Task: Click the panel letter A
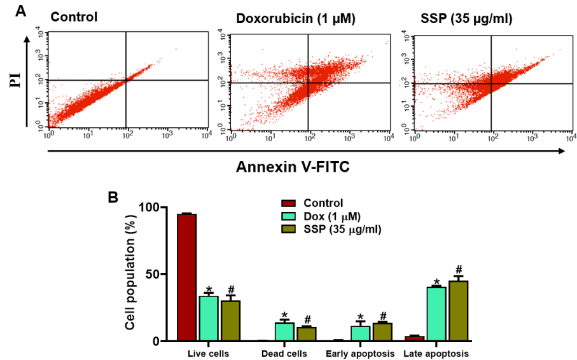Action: coord(20,11)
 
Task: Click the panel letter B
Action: coord(113,198)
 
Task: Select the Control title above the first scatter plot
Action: coord(74,17)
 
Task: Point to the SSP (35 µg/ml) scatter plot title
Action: coord(466,18)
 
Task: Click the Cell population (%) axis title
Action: coord(130,273)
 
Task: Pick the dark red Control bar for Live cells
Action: coord(186,278)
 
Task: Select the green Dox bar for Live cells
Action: coord(209,319)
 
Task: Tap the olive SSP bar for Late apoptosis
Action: coord(458,311)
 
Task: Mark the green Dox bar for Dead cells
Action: coord(284,332)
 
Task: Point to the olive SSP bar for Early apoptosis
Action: coord(382,332)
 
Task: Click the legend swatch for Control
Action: coord(289,204)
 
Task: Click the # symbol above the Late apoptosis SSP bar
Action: coord(458,269)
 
